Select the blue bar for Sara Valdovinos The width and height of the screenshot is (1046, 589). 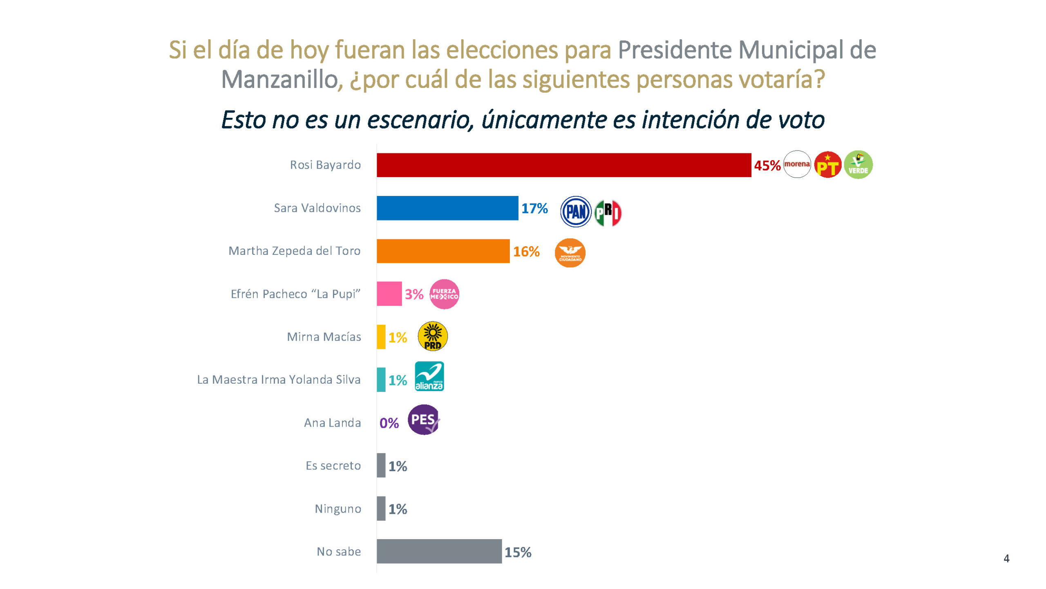pyautogui.click(x=447, y=208)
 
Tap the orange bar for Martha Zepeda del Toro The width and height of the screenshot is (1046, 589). pyautogui.click(x=443, y=251)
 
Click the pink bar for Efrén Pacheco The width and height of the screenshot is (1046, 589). pyautogui.click(x=389, y=294)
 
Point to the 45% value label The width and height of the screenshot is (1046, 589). pyautogui.click(x=767, y=166)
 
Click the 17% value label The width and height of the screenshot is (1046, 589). pyautogui.click(x=534, y=209)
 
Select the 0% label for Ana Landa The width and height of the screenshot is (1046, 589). pyautogui.click(x=389, y=423)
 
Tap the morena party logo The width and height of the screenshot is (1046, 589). pyautogui.click(x=797, y=164)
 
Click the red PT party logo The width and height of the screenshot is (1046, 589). pyautogui.click(x=827, y=165)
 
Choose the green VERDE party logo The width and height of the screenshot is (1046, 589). pyautogui.click(x=858, y=165)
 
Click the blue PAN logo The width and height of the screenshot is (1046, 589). pyautogui.click(x=575, y=211)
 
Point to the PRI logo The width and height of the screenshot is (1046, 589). pyautogui.click(x=608, y=213)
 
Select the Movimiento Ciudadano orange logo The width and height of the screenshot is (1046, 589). pyautogui.click(x=570, y=253)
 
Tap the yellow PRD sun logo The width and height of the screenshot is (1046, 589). pyautogui.click(x=432, y=336)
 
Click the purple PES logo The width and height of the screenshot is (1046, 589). pyautogui.click(x=424, y=420)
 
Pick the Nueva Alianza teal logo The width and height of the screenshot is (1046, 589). pyautogui.click(x=429, y=376)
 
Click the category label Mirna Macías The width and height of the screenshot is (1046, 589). pyautogui.click(x=324, y=337)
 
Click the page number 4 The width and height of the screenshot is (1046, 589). pyautogui.click(x=1006, y=558)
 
